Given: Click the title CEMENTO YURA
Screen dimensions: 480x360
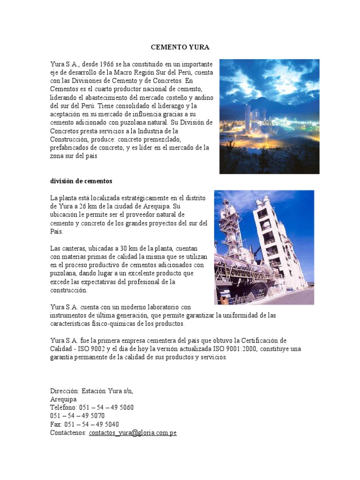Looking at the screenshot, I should (180, 47).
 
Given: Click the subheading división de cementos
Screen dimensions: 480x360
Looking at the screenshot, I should (81, 181).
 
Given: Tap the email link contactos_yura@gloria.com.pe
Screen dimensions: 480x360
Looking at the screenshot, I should (133, 433).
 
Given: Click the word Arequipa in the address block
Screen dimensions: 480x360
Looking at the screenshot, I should (63, 399).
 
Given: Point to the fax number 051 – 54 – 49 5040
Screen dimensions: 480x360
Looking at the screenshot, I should (89, 424).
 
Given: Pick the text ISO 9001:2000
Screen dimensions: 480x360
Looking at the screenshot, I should (216, 349).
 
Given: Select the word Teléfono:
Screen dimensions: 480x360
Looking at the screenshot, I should (64, 407).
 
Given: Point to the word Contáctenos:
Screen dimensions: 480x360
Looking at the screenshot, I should (68, 433).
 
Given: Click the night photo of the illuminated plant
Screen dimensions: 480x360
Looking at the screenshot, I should (269, 116).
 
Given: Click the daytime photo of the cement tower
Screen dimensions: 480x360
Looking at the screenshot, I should (264, 247).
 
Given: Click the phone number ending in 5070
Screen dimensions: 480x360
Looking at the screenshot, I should (77, 416).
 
